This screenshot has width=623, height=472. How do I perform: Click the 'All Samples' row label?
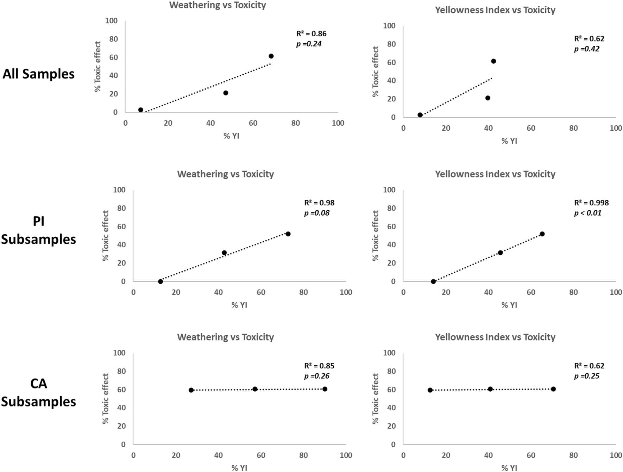pos(38,74)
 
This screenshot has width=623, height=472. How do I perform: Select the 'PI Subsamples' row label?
pos(38,230)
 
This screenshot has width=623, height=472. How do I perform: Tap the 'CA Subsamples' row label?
pos(38,392)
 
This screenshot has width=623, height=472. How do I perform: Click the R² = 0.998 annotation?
pos(591,203)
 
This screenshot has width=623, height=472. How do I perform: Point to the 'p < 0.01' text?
pos(587,213)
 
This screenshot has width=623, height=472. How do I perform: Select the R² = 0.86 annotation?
pos(311,34)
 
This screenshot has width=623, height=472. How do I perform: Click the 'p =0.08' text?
pos(317,213)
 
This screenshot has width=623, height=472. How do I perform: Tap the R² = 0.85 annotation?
pos(319,366)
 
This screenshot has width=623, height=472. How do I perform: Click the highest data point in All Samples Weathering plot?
pos(271,56)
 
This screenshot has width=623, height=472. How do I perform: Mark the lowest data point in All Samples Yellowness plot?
pos(420,115)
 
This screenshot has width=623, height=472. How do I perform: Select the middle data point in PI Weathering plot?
pos(224,253)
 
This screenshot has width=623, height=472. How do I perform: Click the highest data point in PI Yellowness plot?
pos(542,234)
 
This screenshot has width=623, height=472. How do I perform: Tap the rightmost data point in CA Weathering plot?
pos(325,389)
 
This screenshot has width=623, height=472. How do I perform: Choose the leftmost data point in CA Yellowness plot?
pos(430,390)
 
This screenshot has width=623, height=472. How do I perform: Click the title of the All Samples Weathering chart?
pos(218,5)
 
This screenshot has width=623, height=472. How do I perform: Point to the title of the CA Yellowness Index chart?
pos(495,337)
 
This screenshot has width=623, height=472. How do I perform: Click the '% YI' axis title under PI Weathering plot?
pos(239,305)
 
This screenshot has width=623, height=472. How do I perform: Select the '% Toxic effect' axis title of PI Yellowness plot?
pos(376,236)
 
